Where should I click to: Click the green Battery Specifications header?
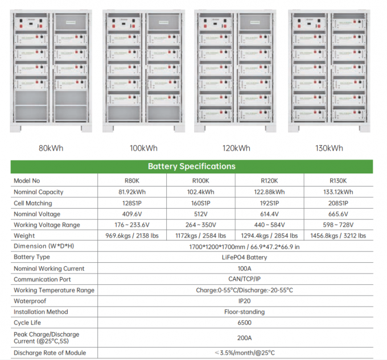(x=191, y=167)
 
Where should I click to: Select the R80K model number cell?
(x=132, y=181)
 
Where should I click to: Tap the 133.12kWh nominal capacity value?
(x=340, y=192)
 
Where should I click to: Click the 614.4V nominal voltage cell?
(x=271, y=214)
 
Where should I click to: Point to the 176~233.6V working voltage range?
(x=132, y=225)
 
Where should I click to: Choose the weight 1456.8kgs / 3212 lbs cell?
(x=340, y=235)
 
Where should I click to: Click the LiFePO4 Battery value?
(x=235, y=258)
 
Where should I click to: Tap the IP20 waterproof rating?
(x=235, y=301)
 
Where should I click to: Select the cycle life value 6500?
(x=235, y=322)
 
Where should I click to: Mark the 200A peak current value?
(x=235, y=337)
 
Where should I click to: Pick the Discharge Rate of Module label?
(x=50, y=353)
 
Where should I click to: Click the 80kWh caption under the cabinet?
(x=51, y=148)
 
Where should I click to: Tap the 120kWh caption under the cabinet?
(x=236, y=148)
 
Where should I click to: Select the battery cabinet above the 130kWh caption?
(x=329, y=71)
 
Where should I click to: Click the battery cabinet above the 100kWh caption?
(x=143, y=71)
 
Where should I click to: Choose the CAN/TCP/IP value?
(x=235, y=279)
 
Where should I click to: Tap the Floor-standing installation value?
(x=235, y=312)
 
